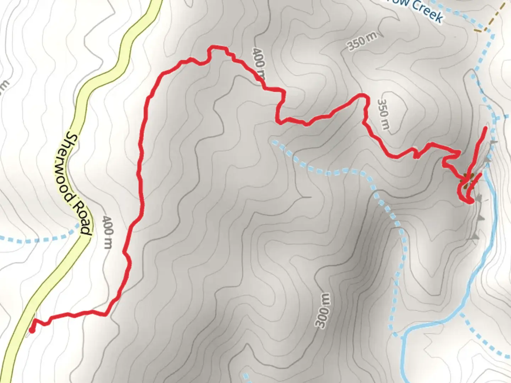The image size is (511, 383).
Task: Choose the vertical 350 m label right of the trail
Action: [x=383, y=113]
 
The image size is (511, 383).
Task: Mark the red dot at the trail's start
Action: [x=31, y=331]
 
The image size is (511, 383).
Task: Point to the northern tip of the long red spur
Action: [x=485, y=127]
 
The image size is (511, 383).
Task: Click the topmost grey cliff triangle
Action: [x=493, y=143]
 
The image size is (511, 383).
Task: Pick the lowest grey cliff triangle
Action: [x=475, y=236]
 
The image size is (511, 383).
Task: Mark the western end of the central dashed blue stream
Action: [x=273, y=142]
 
